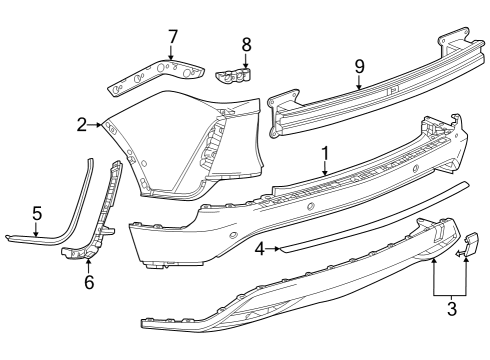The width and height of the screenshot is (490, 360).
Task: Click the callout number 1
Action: click(324, 153)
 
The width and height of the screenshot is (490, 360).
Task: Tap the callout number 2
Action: click(81, 125)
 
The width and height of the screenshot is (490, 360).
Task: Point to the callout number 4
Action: click(258, 247)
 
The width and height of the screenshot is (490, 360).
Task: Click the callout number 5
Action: click(37, 213)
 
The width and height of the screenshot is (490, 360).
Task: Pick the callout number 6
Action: click(88, 282)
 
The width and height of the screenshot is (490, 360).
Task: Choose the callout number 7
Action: click(172, 37)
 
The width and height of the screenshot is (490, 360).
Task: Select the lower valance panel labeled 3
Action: click(300, 290)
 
